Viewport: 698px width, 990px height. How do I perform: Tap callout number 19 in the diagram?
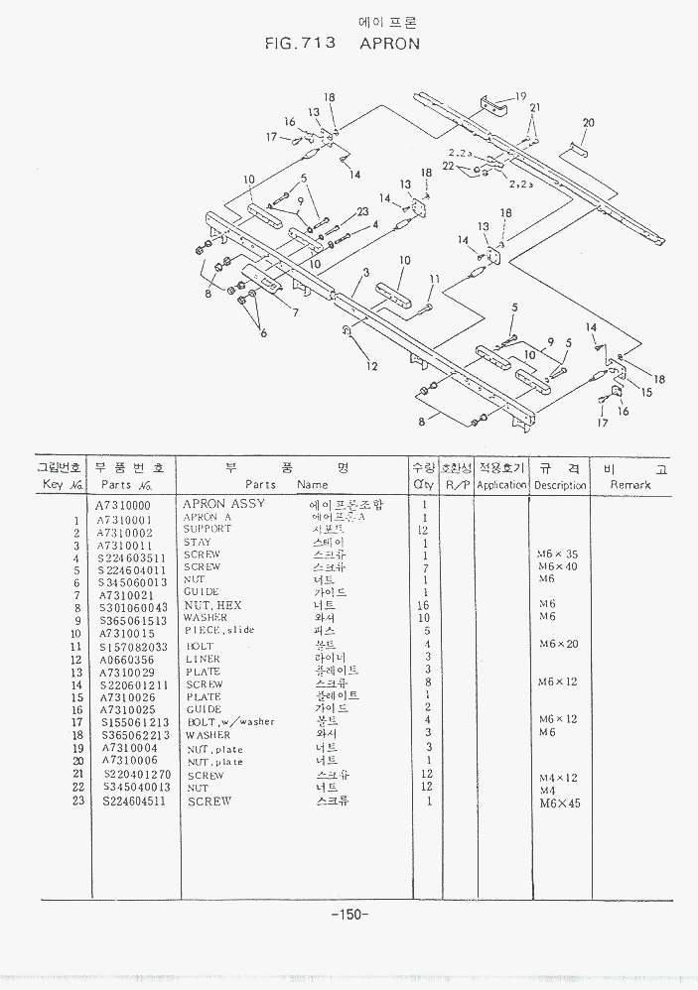[x=519, y=96]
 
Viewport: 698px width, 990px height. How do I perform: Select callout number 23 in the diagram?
[x=362, y=211]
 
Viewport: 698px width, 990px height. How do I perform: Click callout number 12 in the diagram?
[x=371, y=366]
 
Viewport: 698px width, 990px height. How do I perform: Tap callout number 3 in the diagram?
[x=366, y=273]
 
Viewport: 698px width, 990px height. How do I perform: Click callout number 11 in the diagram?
[x=434, y=279]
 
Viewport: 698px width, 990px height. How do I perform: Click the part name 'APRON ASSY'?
[x=224, y=504]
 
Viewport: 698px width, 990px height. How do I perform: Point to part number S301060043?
[x=134, y=606]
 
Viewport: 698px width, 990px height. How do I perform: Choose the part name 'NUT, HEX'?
[x=212, y=605]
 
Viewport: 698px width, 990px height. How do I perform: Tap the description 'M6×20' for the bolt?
[x=557, y=645]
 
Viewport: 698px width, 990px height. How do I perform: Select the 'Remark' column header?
[x=629, y=485]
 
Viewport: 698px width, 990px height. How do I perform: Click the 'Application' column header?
[x=501, y=485]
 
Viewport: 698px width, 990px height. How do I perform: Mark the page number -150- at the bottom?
[x=349, y=914]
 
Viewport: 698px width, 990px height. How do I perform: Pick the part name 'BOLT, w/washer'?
[x=230, y=722]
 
